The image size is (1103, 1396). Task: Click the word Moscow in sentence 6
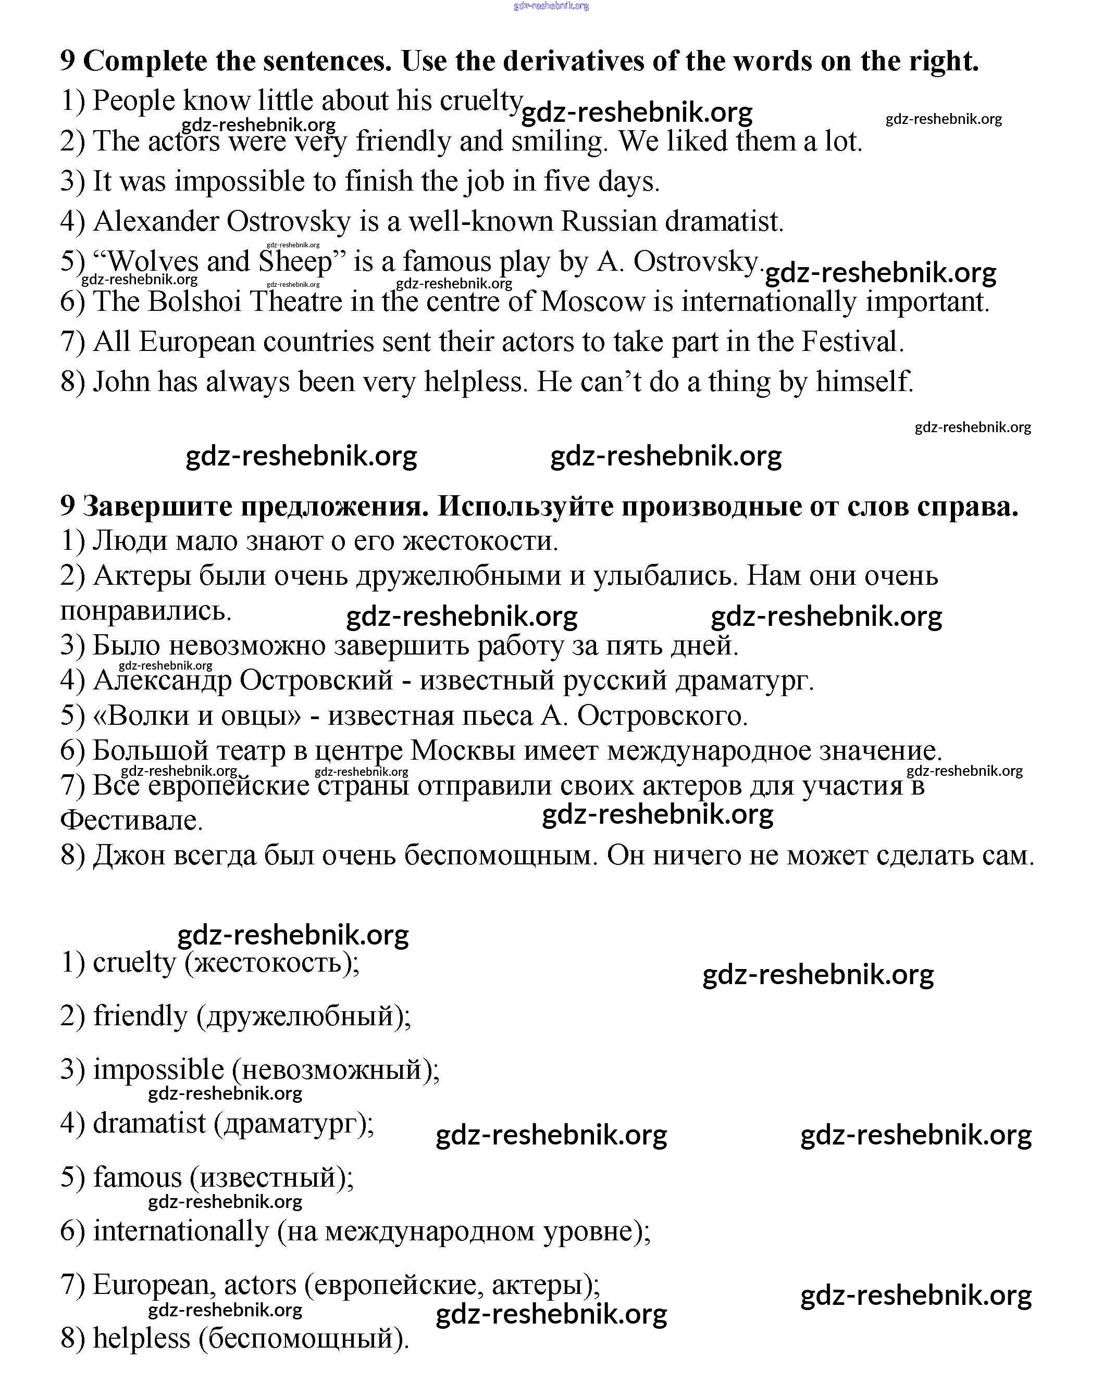[x=592, y=301]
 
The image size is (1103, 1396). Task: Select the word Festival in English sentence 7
[x=852, y=342]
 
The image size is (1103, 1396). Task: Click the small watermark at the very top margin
[x=551, y=6]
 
